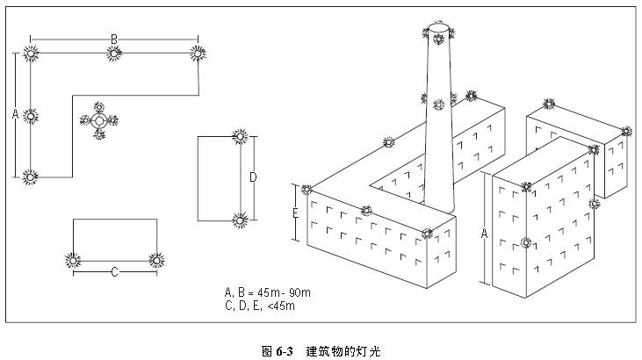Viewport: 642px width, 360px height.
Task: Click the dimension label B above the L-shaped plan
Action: (113, 39)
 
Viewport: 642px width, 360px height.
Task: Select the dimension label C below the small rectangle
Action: (114, 271)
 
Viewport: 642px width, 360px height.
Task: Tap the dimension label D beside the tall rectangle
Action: (253, 178)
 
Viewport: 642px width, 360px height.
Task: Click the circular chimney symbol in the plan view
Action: (98, 120)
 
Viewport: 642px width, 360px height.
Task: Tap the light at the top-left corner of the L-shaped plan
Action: (31, 54)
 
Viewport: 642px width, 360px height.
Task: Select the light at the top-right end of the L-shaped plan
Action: (197, 54)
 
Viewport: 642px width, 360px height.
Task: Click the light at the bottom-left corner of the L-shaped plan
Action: (31, 176)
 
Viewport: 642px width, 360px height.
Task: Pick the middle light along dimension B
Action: (114, 54)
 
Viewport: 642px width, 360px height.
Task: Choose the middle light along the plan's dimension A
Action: (31, 115)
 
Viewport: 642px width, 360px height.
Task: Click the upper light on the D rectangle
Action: (239, 136)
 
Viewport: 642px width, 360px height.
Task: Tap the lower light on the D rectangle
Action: (239, 220)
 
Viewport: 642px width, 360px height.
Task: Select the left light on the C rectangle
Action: (73, 260)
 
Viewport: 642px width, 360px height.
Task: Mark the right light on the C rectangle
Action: (156, 260)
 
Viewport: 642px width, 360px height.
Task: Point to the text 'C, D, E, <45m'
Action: (259, 306)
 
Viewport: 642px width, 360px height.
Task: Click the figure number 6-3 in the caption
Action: (284, 351)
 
